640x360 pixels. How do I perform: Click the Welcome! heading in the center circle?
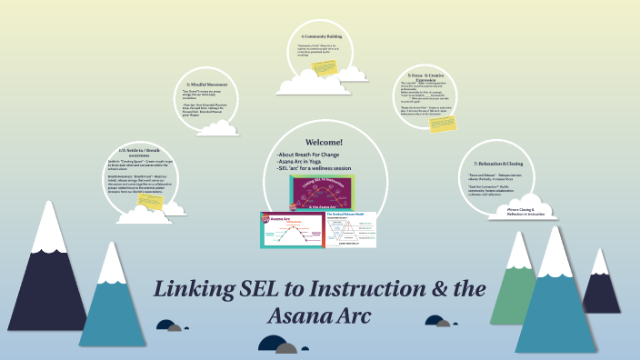click(325, 143)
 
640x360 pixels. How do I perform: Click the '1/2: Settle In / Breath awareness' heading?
click(139, 151)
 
